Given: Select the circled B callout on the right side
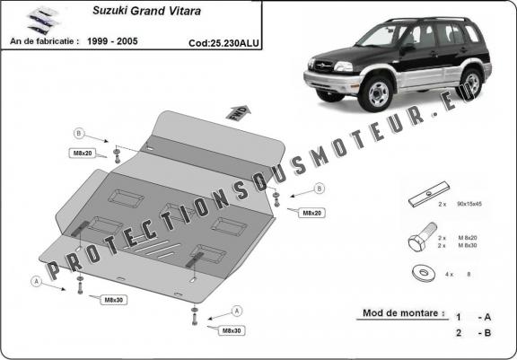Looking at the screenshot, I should [320, 189].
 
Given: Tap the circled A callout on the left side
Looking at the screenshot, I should [37, 279].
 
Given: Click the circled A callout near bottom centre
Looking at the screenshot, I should [237, 310].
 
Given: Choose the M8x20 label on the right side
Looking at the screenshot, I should [311, 213].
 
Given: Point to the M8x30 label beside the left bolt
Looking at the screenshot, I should [113, 299].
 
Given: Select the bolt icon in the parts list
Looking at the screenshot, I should [418, 242].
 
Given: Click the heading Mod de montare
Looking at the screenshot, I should [402, 313].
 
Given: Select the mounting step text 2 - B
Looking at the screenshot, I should [470, 333].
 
